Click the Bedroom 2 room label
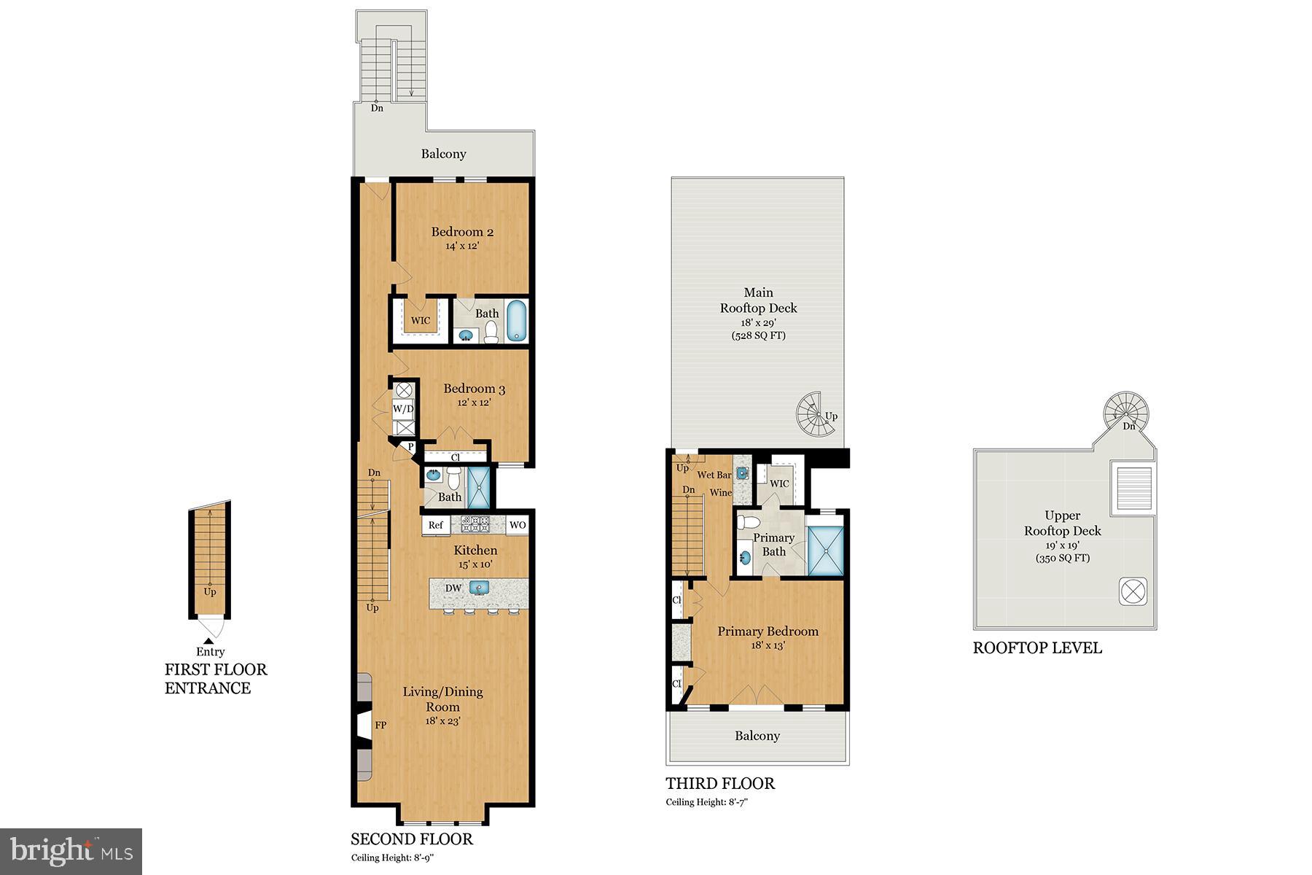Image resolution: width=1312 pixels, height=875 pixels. tap(462, 232)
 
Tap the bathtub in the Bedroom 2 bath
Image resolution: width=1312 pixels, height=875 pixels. tap(516, 321)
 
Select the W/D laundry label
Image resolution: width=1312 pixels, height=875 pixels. tap(403, 408)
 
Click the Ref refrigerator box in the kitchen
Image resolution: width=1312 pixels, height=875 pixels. tap(435, 525)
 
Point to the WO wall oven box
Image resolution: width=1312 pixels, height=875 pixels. tap(517, 525)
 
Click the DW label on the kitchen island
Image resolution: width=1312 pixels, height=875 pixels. tap(453, 588)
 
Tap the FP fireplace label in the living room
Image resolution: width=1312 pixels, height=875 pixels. tap(380, 725)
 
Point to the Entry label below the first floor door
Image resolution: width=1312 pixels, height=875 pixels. tap(210, 652)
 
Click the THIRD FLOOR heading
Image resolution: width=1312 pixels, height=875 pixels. tap(720, 784)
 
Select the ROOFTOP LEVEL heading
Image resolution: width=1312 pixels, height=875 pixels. tap(1037, 647)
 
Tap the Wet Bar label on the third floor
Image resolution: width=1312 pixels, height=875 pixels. tap(714, 475)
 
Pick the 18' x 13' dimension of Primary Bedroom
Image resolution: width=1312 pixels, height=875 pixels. tap(768, 645)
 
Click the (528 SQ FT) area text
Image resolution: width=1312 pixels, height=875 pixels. tap(758, 335)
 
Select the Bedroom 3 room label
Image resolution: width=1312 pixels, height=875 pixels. tap(474, 389)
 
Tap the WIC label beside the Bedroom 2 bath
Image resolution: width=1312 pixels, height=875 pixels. tap(421, 320)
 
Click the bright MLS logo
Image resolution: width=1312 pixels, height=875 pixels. tap(71, 851)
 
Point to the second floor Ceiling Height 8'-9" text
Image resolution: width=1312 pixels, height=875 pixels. tap(393, 857)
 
